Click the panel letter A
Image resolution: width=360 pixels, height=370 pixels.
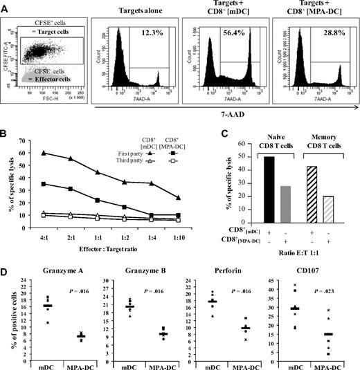(6, 6)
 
